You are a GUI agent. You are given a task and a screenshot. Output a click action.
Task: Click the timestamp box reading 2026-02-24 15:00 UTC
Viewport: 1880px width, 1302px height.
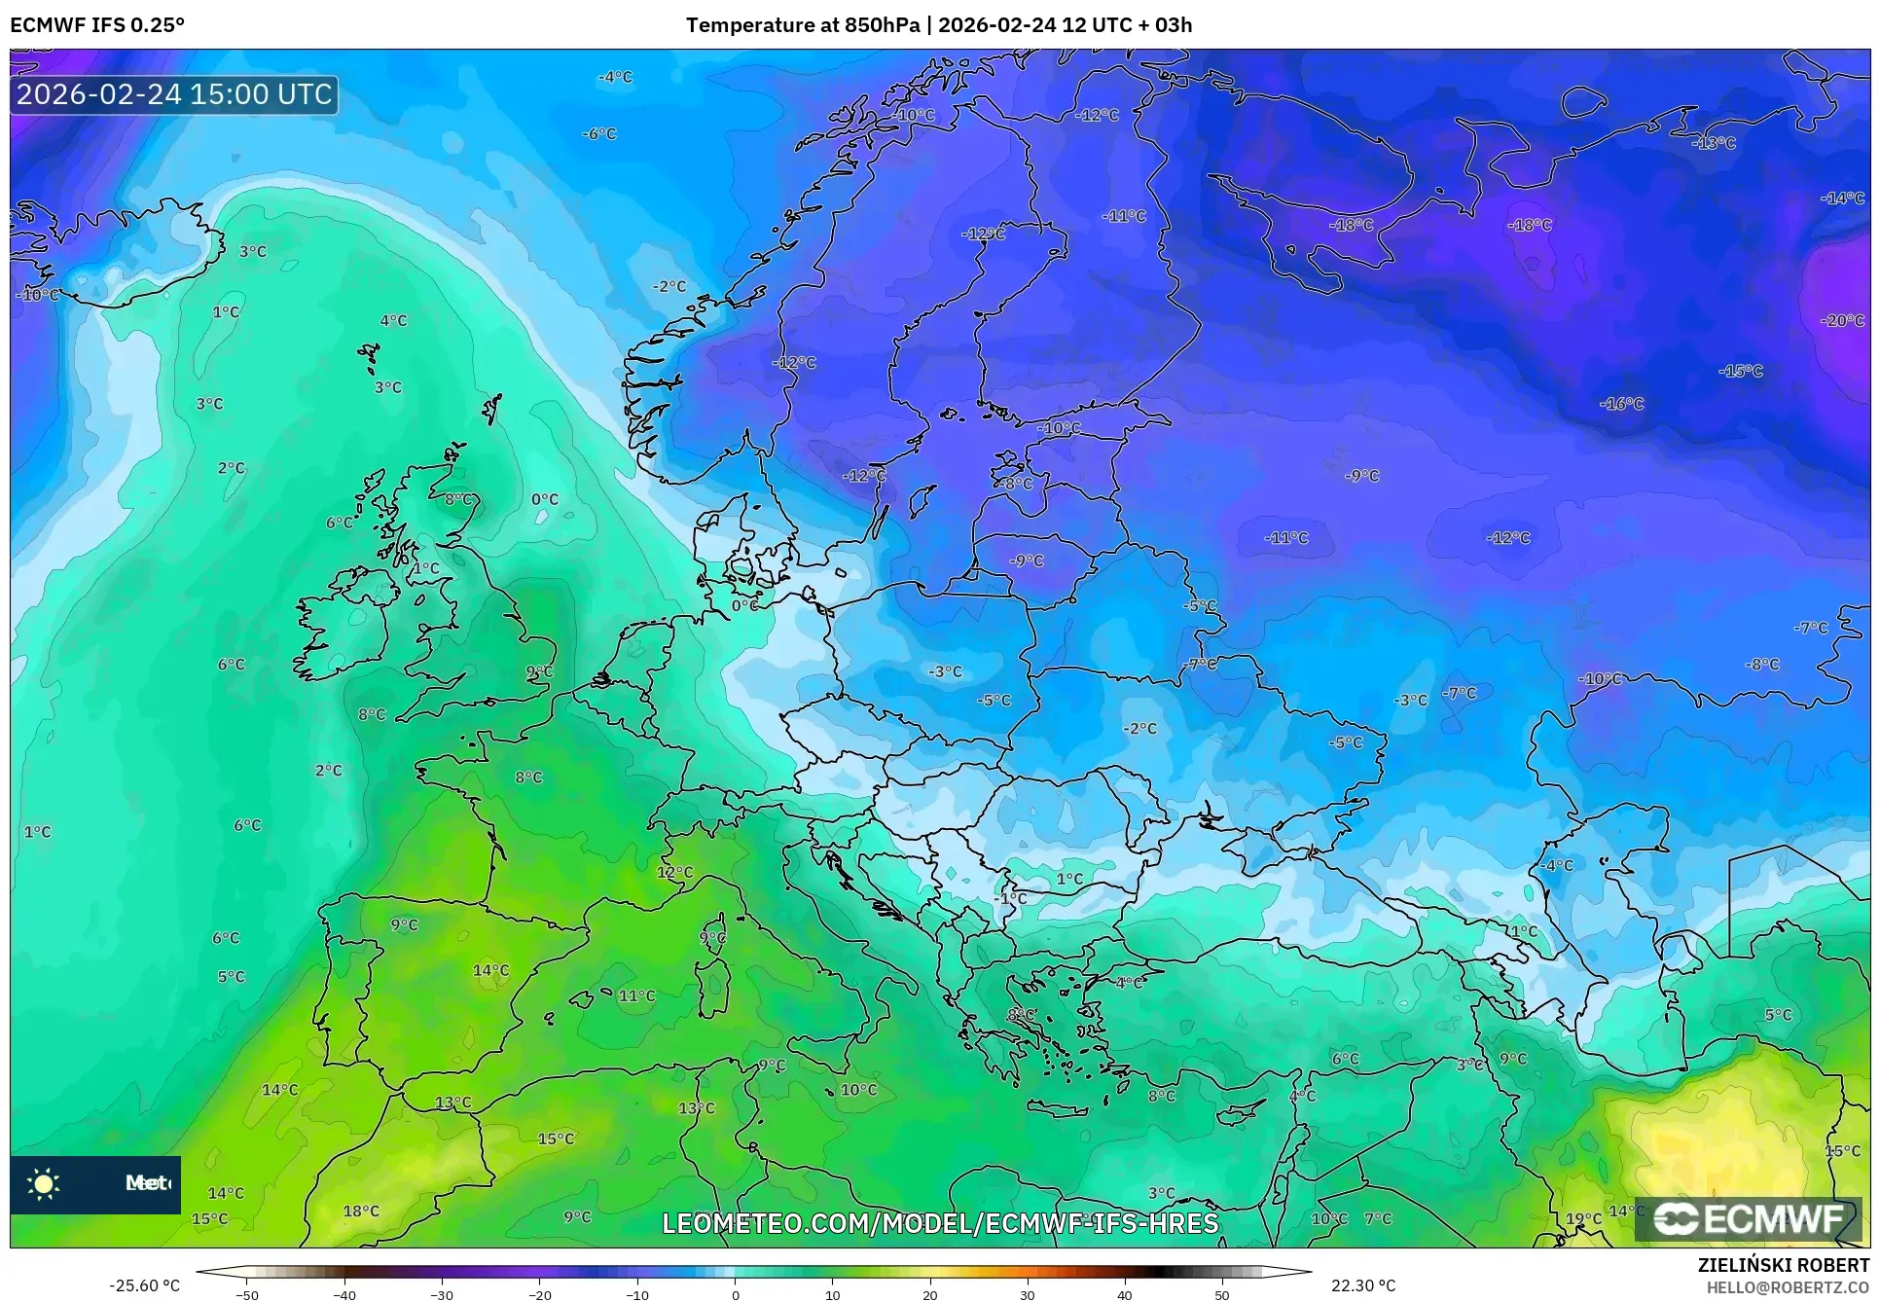(x=174, y=94)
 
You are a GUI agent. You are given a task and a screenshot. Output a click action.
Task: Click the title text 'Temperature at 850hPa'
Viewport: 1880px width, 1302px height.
(x=802, y=25)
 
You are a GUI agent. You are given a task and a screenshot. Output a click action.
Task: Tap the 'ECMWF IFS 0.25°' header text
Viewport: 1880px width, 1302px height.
(x=96, y=25)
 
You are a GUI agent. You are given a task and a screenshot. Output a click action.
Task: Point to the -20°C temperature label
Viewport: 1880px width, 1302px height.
(x=1842, y=320)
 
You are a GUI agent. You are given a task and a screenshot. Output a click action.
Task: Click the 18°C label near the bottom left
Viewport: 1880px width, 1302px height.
(x=361, y=1212)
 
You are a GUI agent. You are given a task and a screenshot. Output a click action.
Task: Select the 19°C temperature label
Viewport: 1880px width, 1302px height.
(x=1583, y=1218)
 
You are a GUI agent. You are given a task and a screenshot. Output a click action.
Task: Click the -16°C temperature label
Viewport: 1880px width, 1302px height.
(x=1621, y=404)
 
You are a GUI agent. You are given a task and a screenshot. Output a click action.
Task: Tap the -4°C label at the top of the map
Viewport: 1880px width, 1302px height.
(x=615, y=77)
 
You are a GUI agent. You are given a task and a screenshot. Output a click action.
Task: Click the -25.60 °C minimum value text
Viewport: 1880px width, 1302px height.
(x=144, y=1285)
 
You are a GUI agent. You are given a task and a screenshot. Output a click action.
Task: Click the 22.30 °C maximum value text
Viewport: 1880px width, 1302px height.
(x=1362, y=1285)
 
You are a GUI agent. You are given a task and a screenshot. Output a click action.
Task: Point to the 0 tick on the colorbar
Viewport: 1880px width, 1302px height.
(x=735, y=1295)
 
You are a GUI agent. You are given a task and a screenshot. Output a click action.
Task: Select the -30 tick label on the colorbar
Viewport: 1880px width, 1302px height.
(x=442, y=1295)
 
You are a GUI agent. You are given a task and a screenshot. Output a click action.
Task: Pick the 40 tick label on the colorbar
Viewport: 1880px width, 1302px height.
(x=1125, y=1295)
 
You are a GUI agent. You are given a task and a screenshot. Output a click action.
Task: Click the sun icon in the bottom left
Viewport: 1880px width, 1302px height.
(x=43, y=1184)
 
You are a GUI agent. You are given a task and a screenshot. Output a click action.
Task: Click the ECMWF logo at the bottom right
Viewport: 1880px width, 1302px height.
(x=1748, y=1218)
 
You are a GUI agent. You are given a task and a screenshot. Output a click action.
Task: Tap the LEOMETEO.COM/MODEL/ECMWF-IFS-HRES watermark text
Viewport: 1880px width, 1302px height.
(x=940, y=1223)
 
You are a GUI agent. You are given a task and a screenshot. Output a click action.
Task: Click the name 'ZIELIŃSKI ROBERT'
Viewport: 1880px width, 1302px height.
(x=1783, y=1266)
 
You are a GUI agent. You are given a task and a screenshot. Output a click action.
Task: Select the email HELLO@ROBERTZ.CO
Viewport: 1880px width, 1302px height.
(x=1788, y=1287)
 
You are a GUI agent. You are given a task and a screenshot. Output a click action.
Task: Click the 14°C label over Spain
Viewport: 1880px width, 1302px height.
(x=490, y=970)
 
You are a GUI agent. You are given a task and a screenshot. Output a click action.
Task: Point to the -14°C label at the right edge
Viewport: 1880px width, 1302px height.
(x=1842, y=198)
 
